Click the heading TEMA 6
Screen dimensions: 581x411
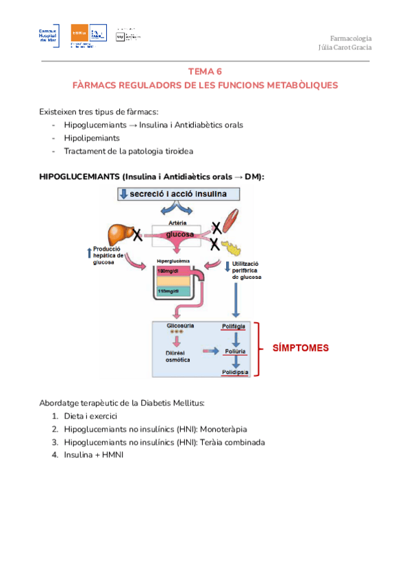[206, 71]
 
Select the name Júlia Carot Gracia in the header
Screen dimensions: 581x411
[345, 47]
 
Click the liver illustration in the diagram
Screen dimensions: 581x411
[121, 235]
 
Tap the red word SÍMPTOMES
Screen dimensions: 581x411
[296, 347]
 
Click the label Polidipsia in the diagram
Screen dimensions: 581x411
[235, 371]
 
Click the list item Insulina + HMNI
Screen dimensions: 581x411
[93, 455]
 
